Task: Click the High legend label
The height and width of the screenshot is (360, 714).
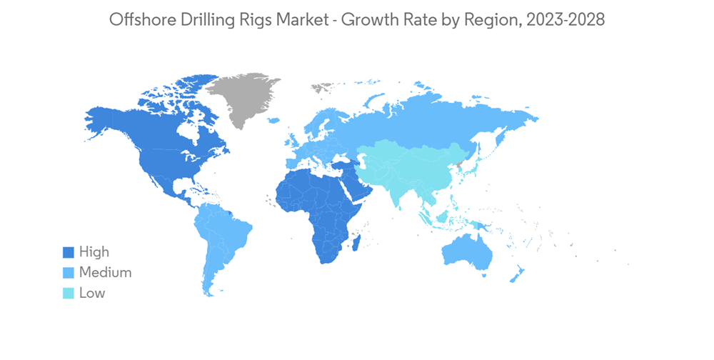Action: (x=94, y=251)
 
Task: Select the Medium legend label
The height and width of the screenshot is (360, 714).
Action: (x=105, y=272)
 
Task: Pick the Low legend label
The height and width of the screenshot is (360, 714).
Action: (x=92, y=293)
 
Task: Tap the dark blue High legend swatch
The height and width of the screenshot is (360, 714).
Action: (x=69, y=252)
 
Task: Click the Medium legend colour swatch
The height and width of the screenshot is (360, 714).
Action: (x=69, y=272)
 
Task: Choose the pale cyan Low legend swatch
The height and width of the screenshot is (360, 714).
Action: (x=69, y=293)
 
